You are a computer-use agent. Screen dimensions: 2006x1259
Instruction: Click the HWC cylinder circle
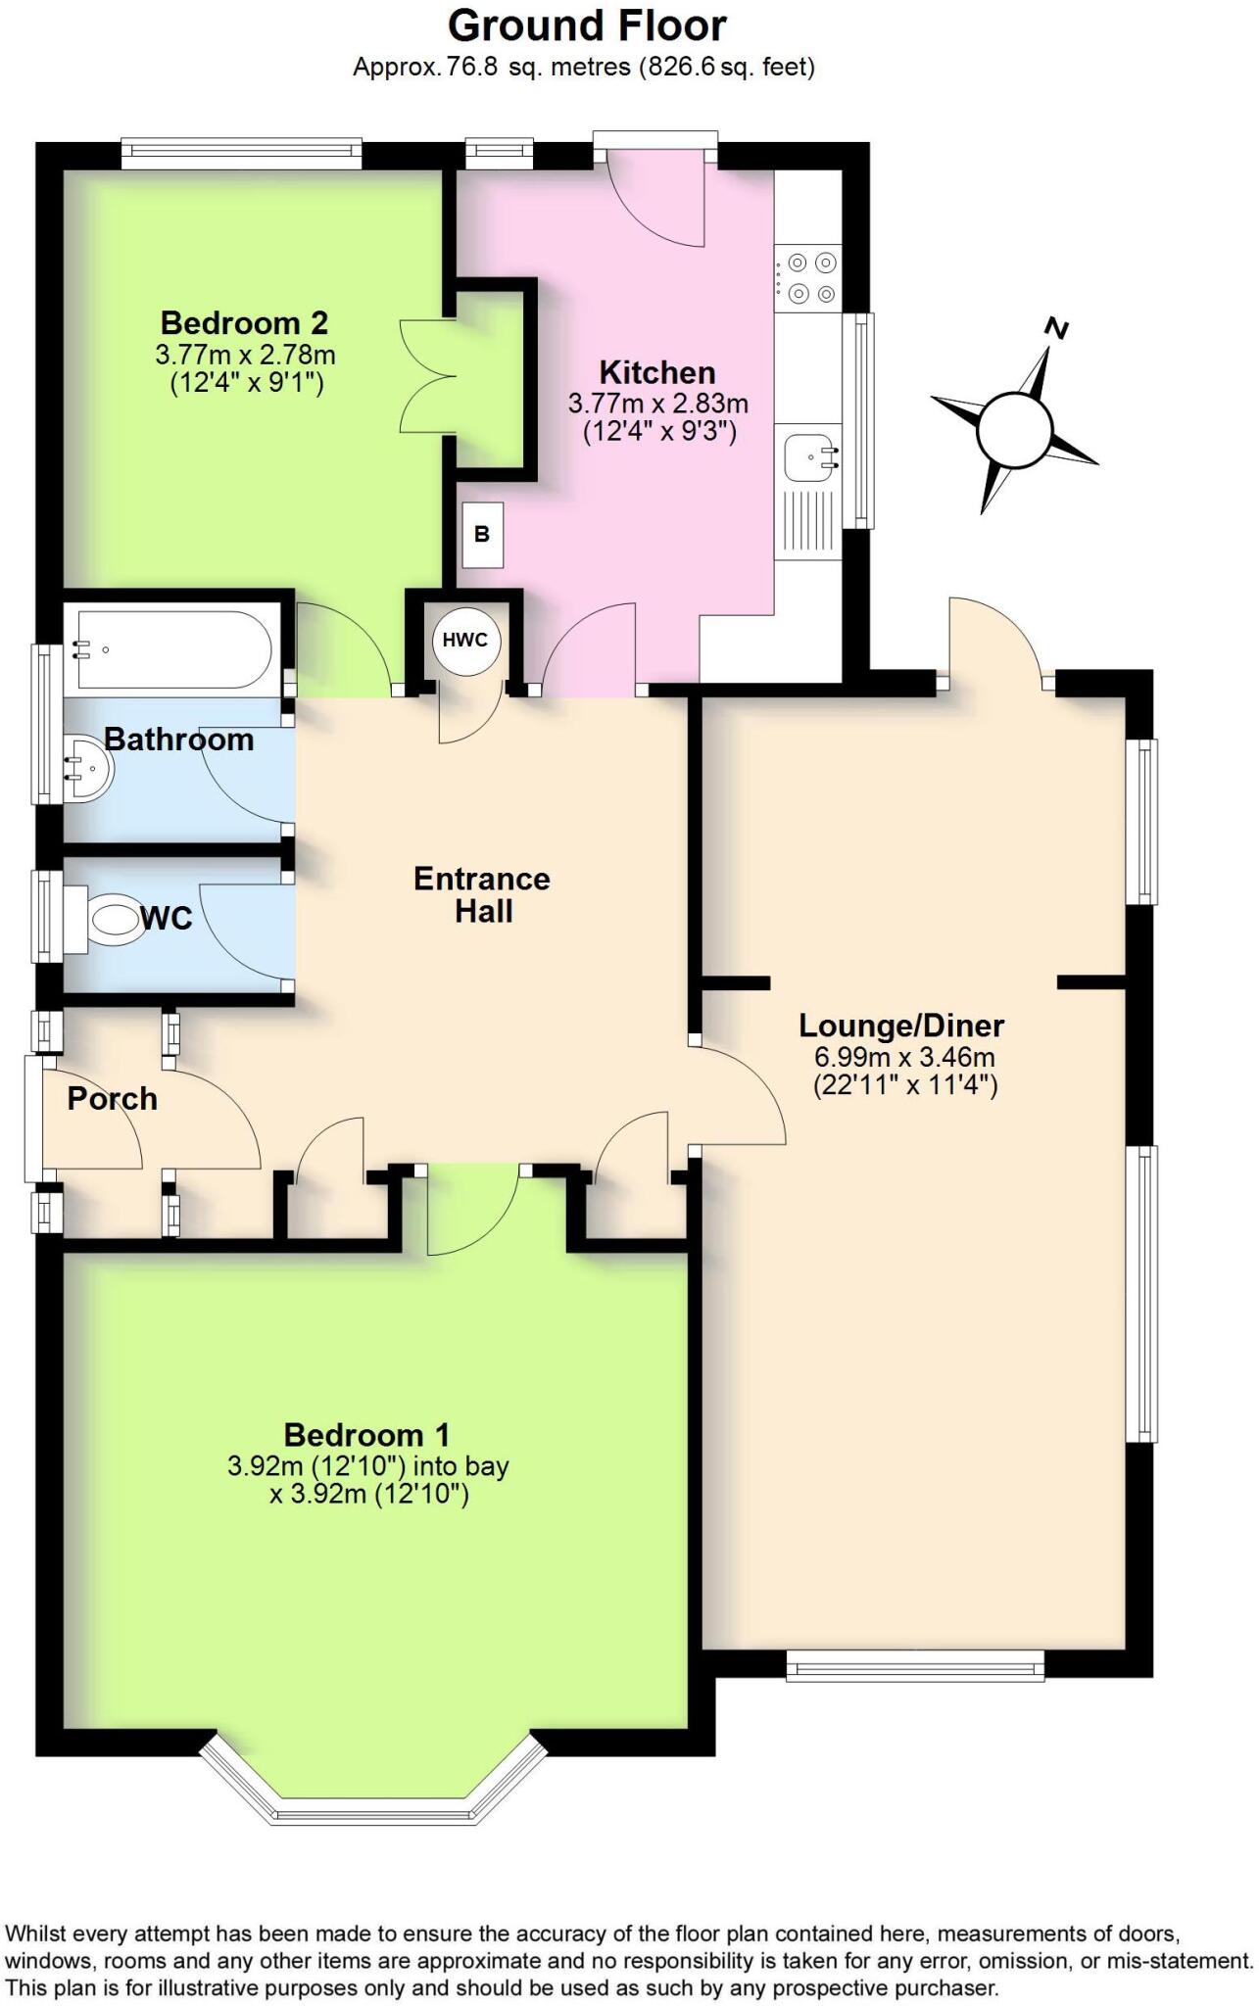click(464, 642)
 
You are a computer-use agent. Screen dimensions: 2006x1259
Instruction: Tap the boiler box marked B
click(482, 535)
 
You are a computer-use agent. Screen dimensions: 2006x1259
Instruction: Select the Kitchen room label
click(656, 372)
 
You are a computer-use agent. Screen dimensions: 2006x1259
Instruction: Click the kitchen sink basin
click(811, 456)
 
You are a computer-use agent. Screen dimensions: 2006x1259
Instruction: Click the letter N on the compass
click(1055, 329)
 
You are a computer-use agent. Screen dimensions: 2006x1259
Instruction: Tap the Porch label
click(112, 1098)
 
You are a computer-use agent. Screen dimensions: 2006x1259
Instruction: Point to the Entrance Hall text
click(481, 894)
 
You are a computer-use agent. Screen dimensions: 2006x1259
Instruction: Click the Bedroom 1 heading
click(366, 1435)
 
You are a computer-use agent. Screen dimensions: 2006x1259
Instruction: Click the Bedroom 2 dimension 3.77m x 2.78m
click(245, 354)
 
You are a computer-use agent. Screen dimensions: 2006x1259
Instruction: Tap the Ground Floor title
click(587, 26)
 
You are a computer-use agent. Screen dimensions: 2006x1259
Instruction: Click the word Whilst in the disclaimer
click(36, 1934)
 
